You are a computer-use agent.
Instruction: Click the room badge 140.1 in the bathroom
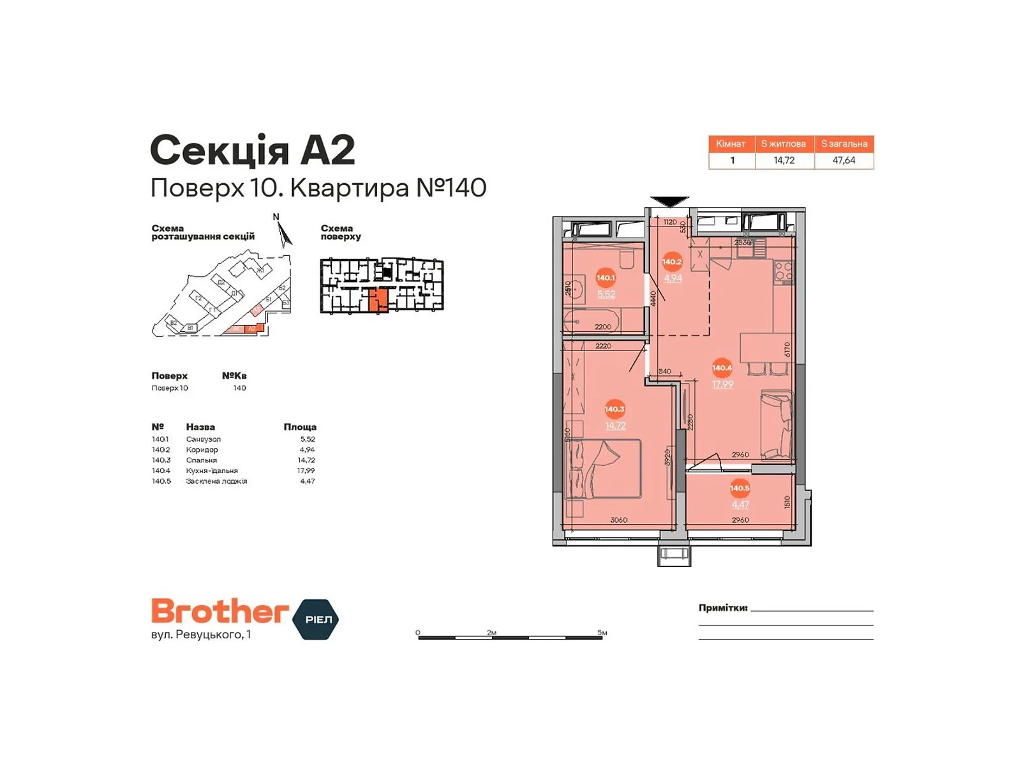pyautogui.click(x=605, y=278)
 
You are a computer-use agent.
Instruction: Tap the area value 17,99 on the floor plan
pyautogui.click(x=722, y=384)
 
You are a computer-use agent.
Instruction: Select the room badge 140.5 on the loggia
pyautogui.click(x=740, y=488)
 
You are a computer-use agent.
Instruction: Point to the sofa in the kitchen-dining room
pyautogui.click(x=777, y=424)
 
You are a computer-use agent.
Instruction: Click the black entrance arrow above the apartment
pyautogui.click(x=669, y=202)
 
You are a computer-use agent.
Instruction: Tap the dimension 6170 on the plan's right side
pyautogui.click(x=787, y=349)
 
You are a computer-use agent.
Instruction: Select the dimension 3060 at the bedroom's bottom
pyautogui.click(x=618, y=520)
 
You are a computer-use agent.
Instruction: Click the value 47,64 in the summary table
pyautogui.click(x=844, y=160)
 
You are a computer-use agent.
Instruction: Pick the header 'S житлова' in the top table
pyautogui.click(x=784, y=144)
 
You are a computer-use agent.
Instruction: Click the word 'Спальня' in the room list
pyautogui.click(x=202, y=460)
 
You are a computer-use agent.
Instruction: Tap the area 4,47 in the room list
pyautogui.click(x=308, y=481)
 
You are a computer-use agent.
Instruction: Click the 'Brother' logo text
pyautogui.click(x=220, y=612)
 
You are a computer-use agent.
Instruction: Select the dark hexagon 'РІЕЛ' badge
pyautogui.click(x=316, y=619)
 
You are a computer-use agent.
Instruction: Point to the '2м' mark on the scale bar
pyautogui.click(x=491, y=633)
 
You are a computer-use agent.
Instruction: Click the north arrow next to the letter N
pyautogui.click(x=285, y=234)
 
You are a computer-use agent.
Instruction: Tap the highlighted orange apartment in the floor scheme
pyautogui.click(x=378, y=299)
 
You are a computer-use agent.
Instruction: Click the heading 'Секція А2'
pyautogui.click(x=252, y=151)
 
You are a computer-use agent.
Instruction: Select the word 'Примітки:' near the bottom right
pyautogui.click(x=722, y=608)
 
